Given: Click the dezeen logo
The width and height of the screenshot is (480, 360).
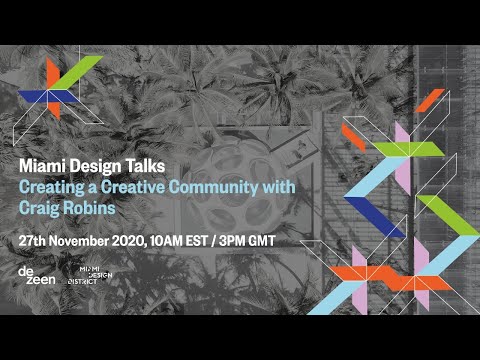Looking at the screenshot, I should [x=36, y=276].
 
